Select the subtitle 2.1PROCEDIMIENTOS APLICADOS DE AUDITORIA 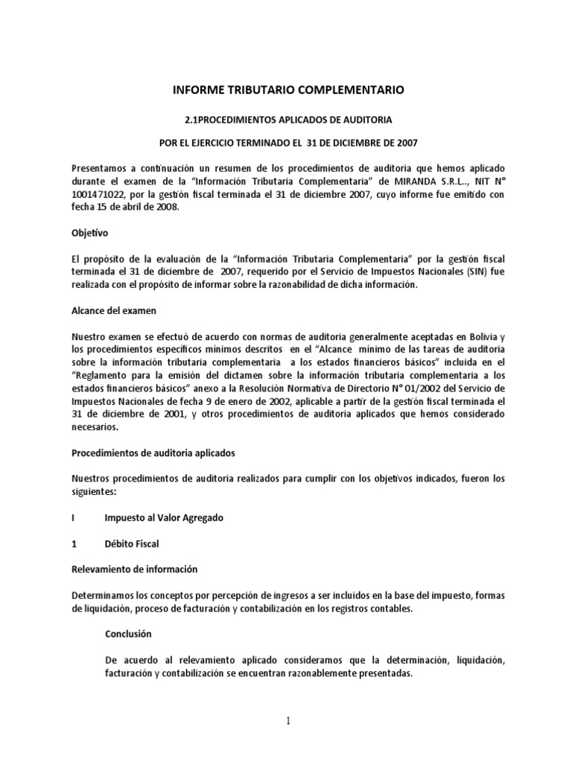(x=288, y=119)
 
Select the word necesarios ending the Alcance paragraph (x=94, y=428)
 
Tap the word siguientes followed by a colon (x=95, y=492)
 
